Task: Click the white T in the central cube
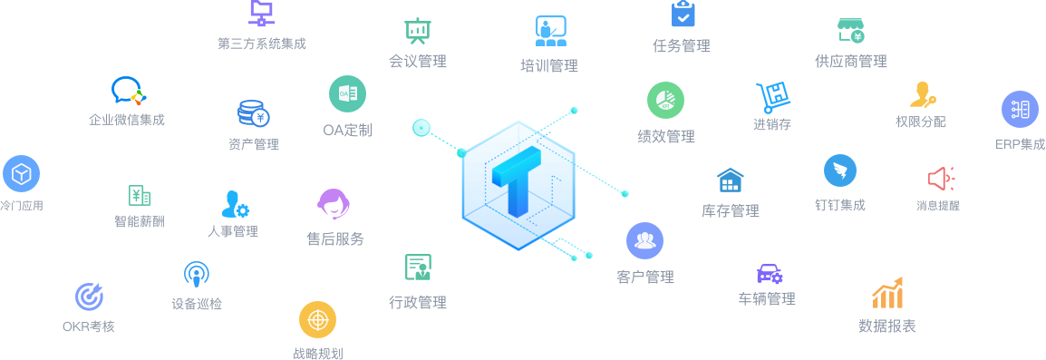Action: [516, 186]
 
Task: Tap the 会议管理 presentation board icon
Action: [417, 31]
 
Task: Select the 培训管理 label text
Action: [548, 65]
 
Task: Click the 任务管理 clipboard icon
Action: [683, 14]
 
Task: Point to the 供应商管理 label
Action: [850, 62]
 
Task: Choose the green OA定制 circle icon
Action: [347, 93]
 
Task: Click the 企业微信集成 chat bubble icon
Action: [128, 91]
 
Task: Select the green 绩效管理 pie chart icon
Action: [665, 101]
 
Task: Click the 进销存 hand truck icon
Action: [772, 98]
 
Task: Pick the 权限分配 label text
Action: [920, 122]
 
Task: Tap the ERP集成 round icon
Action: [1020, 110]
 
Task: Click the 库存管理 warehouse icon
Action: [730, 180]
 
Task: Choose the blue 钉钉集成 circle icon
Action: [839, 170]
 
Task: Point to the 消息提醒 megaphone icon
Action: [939, 178]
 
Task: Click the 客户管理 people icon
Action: [644, 240]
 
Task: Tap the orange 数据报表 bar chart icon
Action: [887, 293]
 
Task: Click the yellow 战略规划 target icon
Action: [317, 320]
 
